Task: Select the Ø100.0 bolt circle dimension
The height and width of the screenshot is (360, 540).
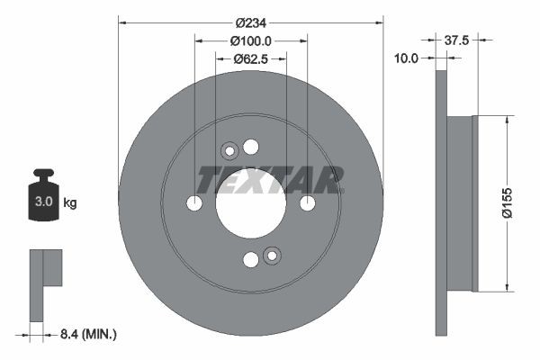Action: pos(250,40)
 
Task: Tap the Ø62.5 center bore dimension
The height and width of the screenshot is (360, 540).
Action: pos(251,58)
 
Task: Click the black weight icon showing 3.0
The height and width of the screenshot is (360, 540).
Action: pos(43,199)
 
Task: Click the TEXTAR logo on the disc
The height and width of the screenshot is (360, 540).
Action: pos(270,180)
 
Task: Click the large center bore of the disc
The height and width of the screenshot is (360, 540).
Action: pos(250,203)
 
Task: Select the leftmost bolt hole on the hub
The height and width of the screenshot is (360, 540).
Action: pos(194,203)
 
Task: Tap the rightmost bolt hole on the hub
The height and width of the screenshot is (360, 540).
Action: pos(307,203)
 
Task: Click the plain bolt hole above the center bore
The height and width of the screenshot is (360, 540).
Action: pos(250,147)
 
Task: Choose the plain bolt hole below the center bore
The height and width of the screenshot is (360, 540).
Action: pos(250,260)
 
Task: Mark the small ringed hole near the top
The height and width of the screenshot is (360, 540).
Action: pos(229,150)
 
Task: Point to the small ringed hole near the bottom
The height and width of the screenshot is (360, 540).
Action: pos(272,256)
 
